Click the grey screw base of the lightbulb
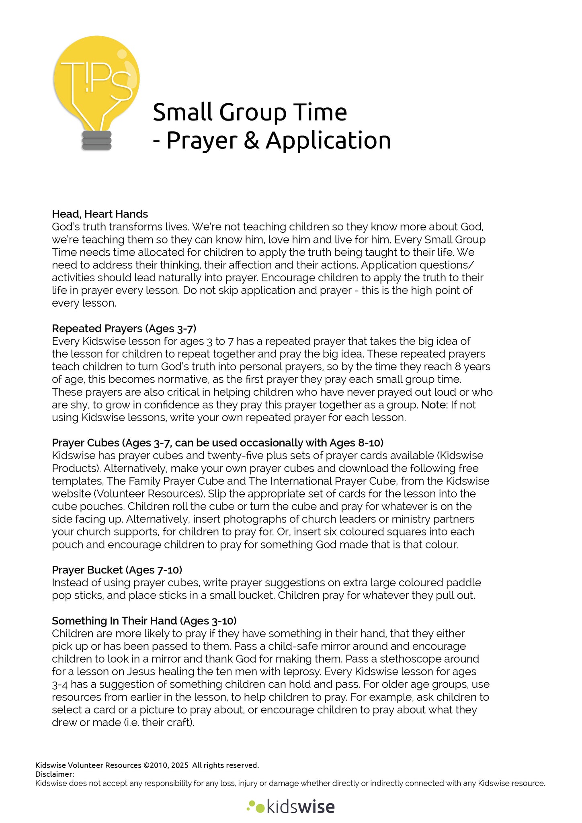tap(96, 140)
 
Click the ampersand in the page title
tap(251, 140)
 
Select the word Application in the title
tap(328, 141)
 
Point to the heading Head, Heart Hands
tap(100, 214)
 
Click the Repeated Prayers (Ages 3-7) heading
tap(124, 328)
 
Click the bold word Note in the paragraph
tap(434, 405)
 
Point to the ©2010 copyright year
tap(155, 765)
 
